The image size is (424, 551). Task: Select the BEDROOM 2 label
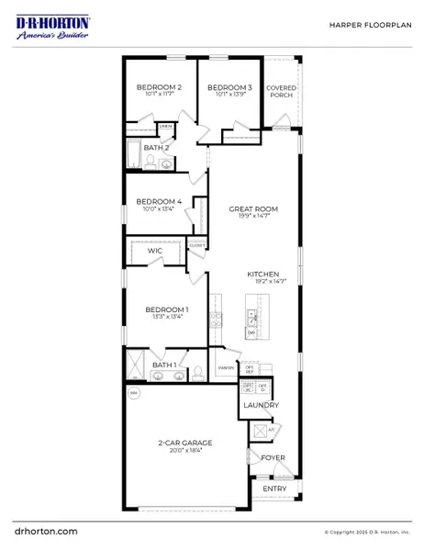coord(159,87)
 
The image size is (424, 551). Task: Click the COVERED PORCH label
coord(281,92)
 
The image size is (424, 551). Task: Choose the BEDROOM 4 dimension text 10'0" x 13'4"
coord(159,208)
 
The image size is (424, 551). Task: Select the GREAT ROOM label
coord(253,209)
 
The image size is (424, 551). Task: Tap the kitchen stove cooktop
coord(217,320)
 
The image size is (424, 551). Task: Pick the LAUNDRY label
coord(261,405)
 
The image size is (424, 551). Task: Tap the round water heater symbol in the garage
coord(134,393)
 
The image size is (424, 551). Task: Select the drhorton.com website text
coord(46,531)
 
